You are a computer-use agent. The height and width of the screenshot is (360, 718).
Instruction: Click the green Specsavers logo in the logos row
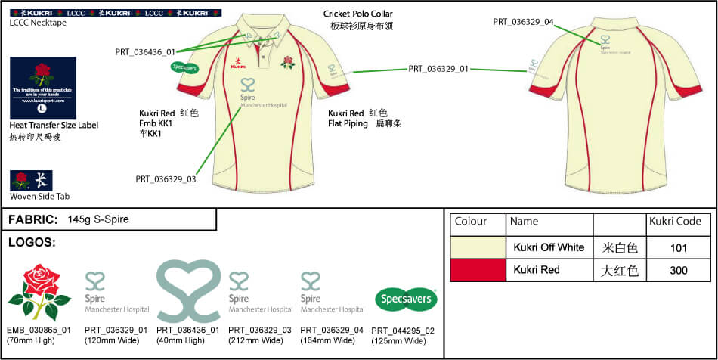(x=407, y=299)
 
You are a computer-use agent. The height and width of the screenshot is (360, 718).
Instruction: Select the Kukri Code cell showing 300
(x=678, y=270)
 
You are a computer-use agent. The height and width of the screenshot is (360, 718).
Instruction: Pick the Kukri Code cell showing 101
(x=678, y=247)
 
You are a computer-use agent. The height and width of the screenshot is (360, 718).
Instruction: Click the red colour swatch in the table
(x=477, y=270)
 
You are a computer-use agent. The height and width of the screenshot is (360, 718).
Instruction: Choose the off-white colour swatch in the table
(x=477, y=247)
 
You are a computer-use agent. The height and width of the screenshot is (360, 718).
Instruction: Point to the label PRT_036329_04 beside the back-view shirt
(x=523, y=22)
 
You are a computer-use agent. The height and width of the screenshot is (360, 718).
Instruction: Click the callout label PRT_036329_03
(x=166, y=179)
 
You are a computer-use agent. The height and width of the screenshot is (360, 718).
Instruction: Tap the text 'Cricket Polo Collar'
(x=358, y=14)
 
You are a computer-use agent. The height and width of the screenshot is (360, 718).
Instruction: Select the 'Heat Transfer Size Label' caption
(x=54, y=125)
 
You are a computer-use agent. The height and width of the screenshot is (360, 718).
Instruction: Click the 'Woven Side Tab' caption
(x=39, y=196)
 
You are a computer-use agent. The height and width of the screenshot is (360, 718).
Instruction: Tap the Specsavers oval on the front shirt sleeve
(x=185, y=67)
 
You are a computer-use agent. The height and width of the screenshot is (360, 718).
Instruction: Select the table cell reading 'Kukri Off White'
(x=549, y=247)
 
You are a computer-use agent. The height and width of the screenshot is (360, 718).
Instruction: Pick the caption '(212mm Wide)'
(x=253, y=340)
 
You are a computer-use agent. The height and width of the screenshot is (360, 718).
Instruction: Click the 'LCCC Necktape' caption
(x=37, y=23)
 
